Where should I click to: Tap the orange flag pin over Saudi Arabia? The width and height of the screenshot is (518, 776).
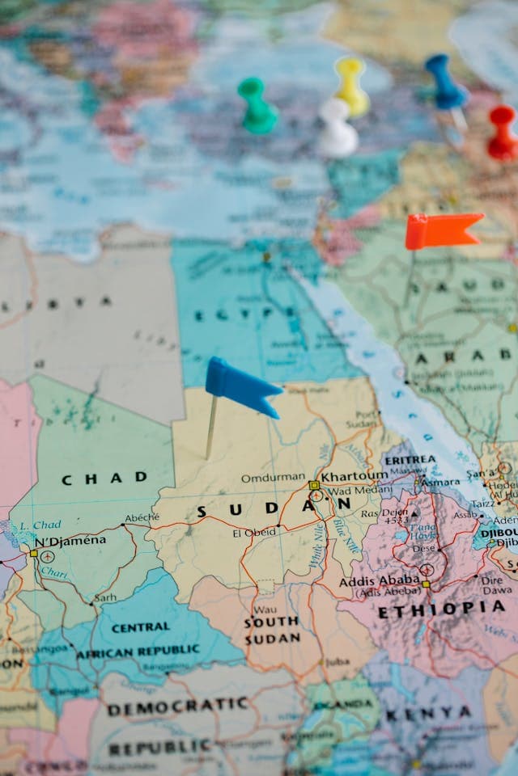pyautogui.click(x=442, y=230)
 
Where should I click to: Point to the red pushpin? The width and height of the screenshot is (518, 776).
pyautogui.click(x=503, y=133)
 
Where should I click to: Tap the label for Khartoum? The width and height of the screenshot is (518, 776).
pyautogui.click(x=355, y=476)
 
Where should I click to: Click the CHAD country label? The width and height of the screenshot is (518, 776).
pyautogui.click(x=104, y=479)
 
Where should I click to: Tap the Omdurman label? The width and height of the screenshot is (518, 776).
pyautogui.click(x=273, y=478)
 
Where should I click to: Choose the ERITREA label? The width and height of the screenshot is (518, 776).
pyautogui.click(x=411, y=459)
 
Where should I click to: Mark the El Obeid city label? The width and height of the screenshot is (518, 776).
pyautogui.click(x=253, y=533)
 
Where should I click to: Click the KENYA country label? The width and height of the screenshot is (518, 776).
pyautogui.click(x=428, y=714)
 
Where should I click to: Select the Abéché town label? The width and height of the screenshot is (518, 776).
pyautogui.click(x=142, y=517)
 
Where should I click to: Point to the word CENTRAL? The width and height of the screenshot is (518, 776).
pyautogui.click(x=140, y=627)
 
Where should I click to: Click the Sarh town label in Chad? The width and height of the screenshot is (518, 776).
pyautogui.click(x=105, y=599)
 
